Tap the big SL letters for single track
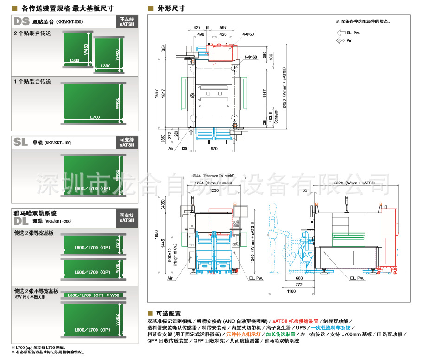click(21, 143)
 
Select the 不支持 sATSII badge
click(126, 22)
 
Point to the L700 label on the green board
click(95, 117)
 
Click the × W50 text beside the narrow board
click(113, 295)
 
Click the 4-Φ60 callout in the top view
click(248, 34)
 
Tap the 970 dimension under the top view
click(213, 149)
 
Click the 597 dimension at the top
click(223, 28)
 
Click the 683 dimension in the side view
click(299, 278)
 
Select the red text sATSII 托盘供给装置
click(296, 321)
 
